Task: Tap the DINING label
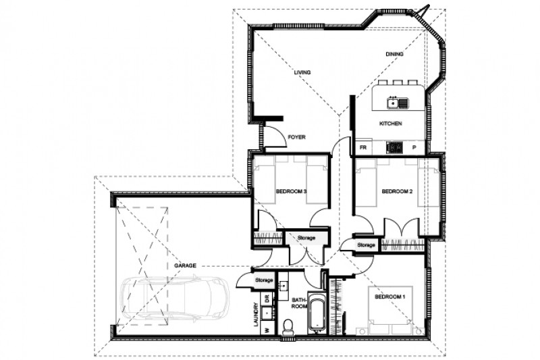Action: [394, 54]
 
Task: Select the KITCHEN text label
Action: [390, 124]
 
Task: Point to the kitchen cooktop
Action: [394, 147]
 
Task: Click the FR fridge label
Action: [362, 147]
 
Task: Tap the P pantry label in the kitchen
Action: [414, 147]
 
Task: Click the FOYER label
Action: [296, 137]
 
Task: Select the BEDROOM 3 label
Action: [292, 192]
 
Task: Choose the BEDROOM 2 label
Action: [398, 192]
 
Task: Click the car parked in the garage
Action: [174, 300]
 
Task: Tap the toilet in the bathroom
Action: [288, 328]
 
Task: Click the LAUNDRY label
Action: [255, 314]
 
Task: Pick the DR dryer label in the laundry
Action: [267, 298]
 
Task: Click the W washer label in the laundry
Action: [267, 330]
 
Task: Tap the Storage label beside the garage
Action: [264, 280]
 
